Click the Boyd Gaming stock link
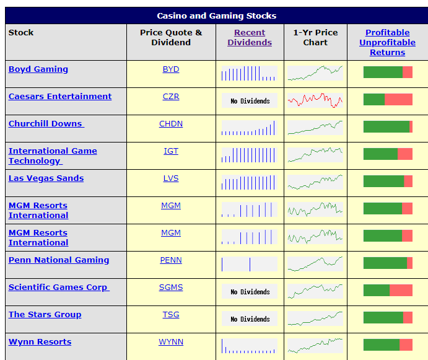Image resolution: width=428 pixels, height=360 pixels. [x=38, y=69]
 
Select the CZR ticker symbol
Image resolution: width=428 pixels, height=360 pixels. [x=171, y=97]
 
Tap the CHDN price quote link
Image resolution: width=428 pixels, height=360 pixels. [x=171, y=124]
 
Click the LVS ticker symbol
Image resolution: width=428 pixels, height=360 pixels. [x=171, y=178]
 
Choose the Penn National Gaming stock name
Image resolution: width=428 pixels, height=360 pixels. [x=59, y=260]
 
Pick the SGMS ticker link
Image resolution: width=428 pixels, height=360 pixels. [x=171, y=288]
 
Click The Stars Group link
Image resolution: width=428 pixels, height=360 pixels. [x=45, y=315]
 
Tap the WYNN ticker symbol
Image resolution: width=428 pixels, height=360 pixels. [x=171, y=342]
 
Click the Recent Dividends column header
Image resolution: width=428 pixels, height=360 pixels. [x=250, y=38]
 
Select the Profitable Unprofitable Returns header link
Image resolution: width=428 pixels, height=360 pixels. [x=387, y=42]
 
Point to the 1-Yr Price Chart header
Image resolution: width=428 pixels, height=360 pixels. [x=315, y=38]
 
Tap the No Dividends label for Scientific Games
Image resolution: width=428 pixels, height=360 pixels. [x=250, y=292]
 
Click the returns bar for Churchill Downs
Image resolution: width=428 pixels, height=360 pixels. [x=388, y=127]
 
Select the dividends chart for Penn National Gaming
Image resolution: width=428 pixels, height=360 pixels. [x=250, y=264]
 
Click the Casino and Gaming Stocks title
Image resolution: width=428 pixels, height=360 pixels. [x=216, y=16]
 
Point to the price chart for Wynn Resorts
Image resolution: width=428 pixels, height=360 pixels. [x=315, y=346]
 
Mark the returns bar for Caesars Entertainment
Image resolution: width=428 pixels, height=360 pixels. [x=388, y=100]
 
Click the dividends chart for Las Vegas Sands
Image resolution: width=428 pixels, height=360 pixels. [x=250, y=182]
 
